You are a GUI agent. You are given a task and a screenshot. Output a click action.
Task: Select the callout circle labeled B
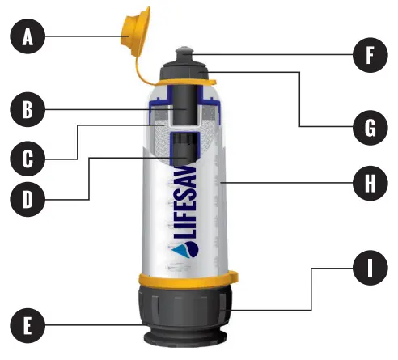pos(28,110)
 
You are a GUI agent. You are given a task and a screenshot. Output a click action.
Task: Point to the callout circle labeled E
pos(28,328)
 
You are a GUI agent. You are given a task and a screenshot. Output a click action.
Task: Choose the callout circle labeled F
pos(371,56)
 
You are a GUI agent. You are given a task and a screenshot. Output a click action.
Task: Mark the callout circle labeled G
pos(371,127)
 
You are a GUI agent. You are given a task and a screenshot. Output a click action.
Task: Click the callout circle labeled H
pos(371,183)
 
